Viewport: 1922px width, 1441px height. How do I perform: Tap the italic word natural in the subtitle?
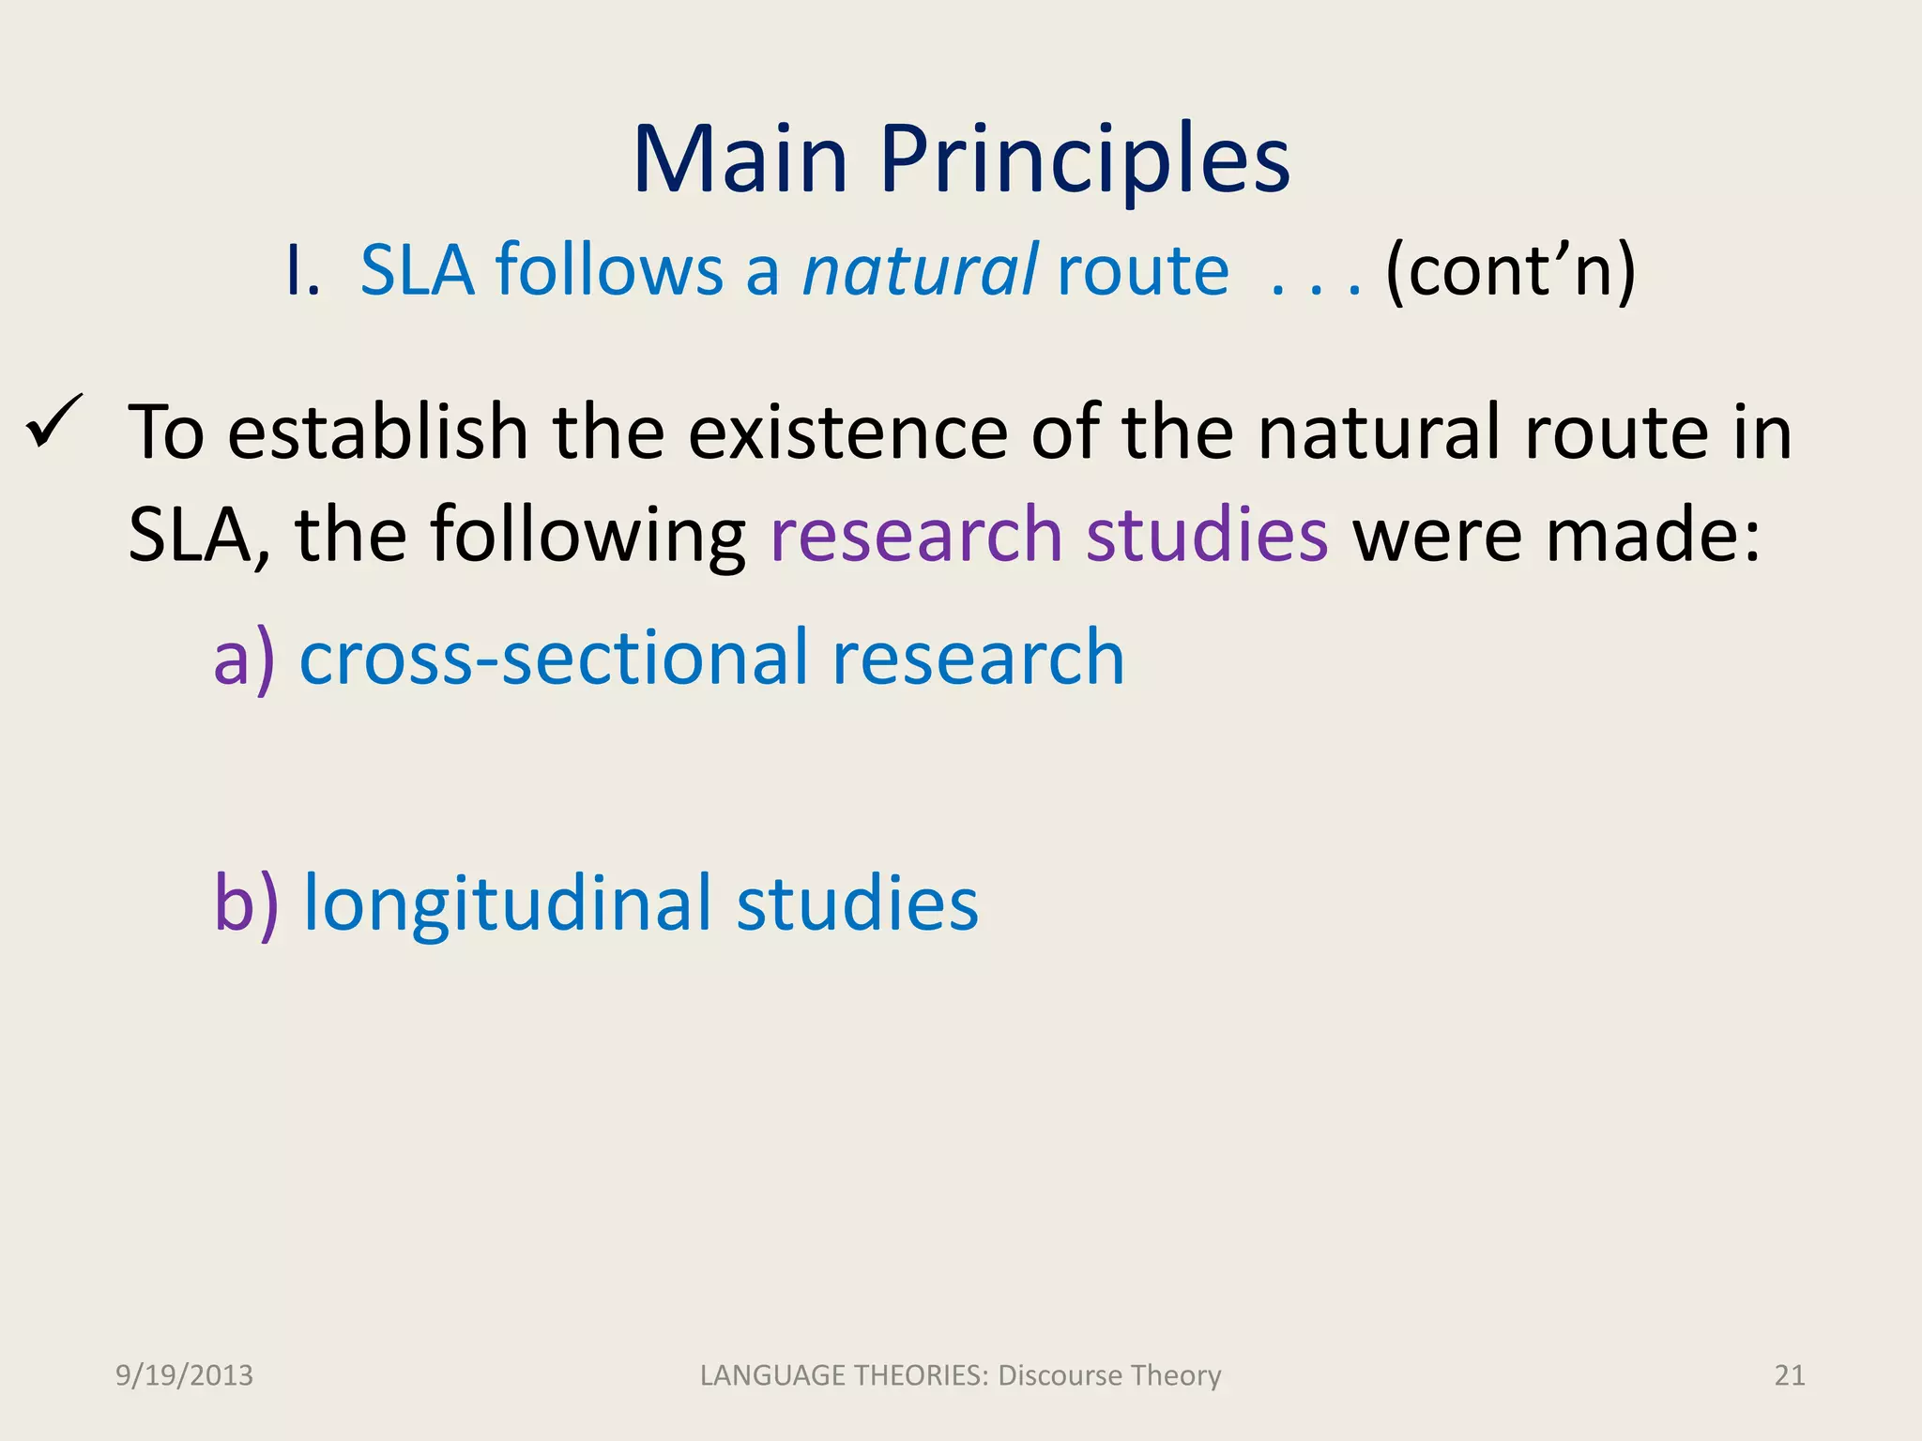(920, 270)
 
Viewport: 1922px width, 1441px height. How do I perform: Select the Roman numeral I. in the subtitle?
(302, 270)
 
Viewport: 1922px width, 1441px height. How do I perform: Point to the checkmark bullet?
(54, 422)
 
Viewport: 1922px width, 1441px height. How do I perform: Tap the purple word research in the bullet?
(916, 535)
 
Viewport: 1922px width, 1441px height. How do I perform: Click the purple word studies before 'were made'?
(1207, 535)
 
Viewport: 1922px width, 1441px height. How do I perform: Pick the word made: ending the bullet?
(1653, 535)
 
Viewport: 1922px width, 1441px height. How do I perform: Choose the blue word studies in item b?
(857, 903)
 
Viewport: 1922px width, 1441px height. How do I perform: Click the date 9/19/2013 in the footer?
(184, 1375)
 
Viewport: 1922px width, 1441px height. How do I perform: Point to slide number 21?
(1790, 1375)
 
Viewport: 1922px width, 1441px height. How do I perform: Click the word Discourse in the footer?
(1060, 1375)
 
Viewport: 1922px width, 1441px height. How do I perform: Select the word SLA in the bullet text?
(188, 535)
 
